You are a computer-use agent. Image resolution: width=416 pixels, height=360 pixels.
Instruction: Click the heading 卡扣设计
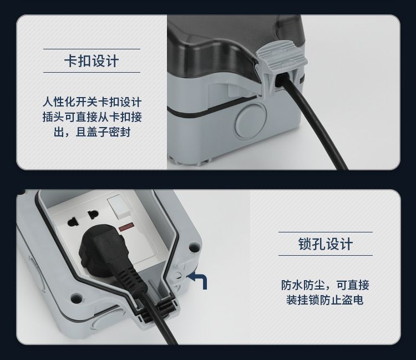pos(92,61)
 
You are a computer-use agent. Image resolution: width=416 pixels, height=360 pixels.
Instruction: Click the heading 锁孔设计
pos(326,244)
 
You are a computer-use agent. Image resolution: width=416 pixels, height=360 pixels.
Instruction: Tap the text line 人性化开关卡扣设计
pos(92,102)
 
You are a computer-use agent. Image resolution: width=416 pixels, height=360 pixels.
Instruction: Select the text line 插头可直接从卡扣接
pos(92,117)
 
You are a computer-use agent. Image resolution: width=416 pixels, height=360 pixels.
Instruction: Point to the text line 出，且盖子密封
pos(92,132)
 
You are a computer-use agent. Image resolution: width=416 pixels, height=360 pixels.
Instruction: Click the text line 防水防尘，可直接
pos(325,285)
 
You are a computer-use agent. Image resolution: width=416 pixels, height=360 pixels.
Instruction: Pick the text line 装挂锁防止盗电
pos(324,300)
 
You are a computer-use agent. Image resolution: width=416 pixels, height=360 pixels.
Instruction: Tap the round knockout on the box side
pos(251,120)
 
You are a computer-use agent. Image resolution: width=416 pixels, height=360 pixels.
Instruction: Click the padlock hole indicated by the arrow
pos(177,276)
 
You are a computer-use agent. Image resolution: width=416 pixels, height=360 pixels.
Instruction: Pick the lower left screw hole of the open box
pos(76,298)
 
